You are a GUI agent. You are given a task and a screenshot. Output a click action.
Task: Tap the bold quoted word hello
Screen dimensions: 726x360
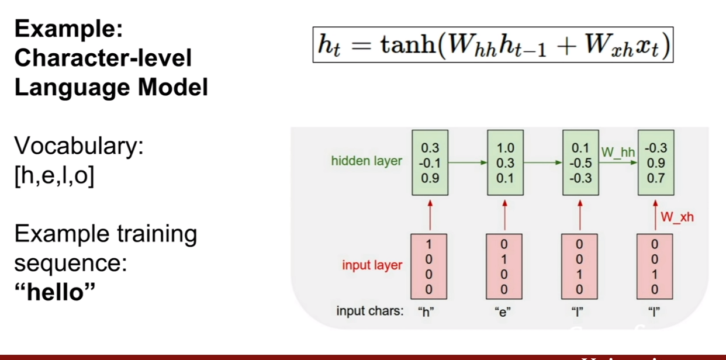click(x=55, y=292)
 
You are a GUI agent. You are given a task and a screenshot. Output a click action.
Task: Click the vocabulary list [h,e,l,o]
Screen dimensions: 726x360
click(x=54, y=176)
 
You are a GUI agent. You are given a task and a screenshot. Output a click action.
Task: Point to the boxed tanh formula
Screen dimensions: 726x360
click(x=493, y=45)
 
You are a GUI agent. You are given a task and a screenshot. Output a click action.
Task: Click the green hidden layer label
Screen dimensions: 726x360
click(x=367, y=161)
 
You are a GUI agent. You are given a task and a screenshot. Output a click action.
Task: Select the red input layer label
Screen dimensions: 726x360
click(x=372, y=265)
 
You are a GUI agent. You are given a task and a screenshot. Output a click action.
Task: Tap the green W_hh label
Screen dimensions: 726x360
click(x=618, y=152)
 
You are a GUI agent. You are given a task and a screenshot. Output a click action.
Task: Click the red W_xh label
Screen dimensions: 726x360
click(x=677, y=217)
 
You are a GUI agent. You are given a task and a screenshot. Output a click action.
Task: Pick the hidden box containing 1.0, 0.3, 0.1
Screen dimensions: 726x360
click(x=505, y=162)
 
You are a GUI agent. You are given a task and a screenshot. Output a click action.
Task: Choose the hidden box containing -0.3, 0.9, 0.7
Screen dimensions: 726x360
click(x=656, y=162)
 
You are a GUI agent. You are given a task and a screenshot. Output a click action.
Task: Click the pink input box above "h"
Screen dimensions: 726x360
click(x=429, y=266)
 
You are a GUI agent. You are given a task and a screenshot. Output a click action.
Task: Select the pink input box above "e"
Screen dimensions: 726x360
click(x=504, y=266)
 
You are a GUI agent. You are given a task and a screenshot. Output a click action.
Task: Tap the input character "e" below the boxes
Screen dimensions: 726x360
click(x=503, y=312)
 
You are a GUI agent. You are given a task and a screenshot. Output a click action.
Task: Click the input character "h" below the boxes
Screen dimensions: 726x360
click(x=426, y=311)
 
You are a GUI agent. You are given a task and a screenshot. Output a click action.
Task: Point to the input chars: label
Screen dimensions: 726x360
click(x=370, y=311)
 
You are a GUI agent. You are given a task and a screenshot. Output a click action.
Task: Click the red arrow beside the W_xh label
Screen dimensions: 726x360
click(x=655, y=215)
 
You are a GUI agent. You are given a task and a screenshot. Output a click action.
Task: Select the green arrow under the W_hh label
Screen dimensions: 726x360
click(x=618, y=162)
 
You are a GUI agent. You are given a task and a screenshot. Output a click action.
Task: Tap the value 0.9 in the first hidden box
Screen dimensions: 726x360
click(x=430, y=178)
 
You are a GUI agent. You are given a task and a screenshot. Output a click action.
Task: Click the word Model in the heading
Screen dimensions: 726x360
click(x=173, y=88)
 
